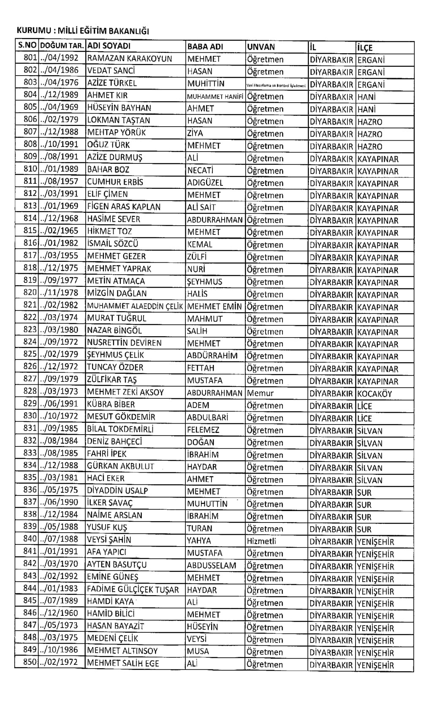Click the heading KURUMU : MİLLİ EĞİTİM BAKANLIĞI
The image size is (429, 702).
[x=83, y=31]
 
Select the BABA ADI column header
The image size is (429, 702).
[x=205, y=47]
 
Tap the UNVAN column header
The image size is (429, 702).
[x=261, y=47]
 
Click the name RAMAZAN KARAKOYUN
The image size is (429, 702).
[x=129, y=59]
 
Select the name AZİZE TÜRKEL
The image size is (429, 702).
[x=112, y=83]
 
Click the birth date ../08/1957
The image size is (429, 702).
[x=60, y=182]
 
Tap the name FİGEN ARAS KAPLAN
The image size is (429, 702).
[x=124, y=207]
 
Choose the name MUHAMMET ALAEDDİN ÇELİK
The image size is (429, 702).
[x=135, y=306]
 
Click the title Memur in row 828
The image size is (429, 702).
[x=260, y=393]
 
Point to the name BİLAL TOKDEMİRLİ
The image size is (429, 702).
[x=120, y=429]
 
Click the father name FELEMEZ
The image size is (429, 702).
[x=203, y=430]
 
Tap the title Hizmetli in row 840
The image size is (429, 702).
[x=261, y=541]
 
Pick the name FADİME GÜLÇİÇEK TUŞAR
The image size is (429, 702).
[x=133, y=589]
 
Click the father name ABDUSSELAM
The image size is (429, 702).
[x=212, y=565]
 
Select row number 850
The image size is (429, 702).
[x=30, y=662]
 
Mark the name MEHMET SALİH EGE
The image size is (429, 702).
[x=123, y=663]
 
